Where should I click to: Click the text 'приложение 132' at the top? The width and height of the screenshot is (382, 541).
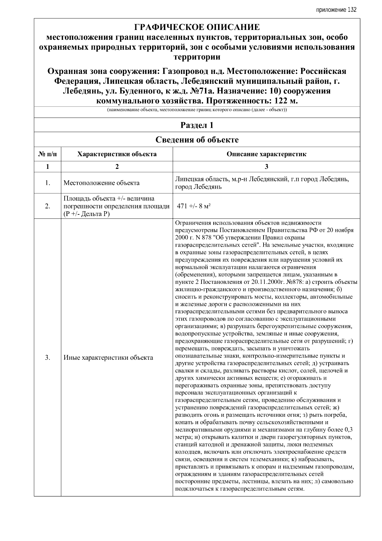336,10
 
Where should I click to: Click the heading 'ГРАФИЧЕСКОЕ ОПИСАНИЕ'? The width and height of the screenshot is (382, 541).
197,27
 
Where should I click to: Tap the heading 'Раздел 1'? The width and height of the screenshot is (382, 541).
197,125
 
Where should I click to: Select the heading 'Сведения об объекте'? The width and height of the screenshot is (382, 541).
197,140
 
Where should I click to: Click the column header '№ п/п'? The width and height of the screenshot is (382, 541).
47,154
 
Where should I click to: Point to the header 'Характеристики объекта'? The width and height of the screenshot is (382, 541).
117,154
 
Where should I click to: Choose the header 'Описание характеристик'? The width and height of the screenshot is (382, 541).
266,154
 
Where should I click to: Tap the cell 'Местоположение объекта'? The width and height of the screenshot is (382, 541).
101,183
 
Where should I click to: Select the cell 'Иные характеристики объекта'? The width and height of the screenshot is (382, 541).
108,357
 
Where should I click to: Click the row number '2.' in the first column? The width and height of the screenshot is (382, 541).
47,206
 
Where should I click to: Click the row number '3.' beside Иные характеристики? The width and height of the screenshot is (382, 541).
47,357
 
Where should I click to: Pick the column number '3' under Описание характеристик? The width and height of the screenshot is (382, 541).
266,166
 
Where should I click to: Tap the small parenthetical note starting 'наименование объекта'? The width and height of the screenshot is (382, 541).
197,110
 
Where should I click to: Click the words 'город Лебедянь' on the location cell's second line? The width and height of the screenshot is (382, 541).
198,187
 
